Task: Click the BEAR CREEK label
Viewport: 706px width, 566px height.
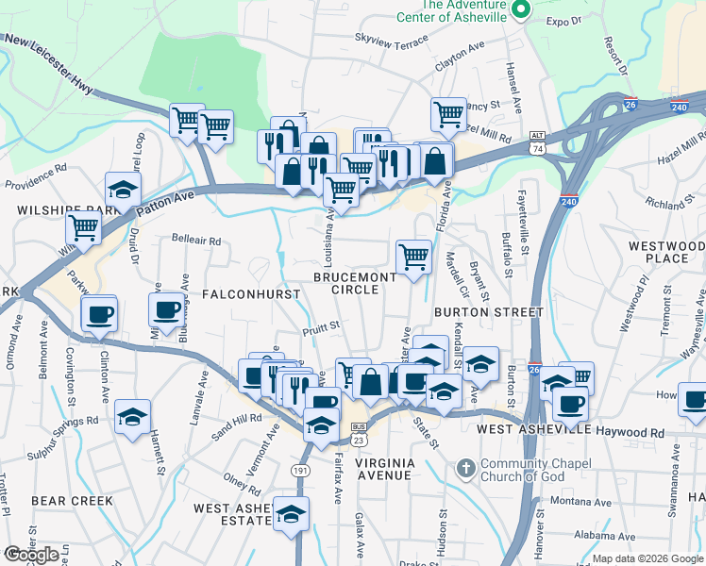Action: click(x=72, y=501)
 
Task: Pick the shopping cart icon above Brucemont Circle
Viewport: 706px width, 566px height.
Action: click(x=413, y=257)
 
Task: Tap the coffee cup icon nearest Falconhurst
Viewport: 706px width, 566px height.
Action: click(x=166, y=309)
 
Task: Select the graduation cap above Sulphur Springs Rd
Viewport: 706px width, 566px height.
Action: click(x=132, y=416)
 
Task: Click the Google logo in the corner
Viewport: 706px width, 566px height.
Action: click(x=31, y=554)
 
